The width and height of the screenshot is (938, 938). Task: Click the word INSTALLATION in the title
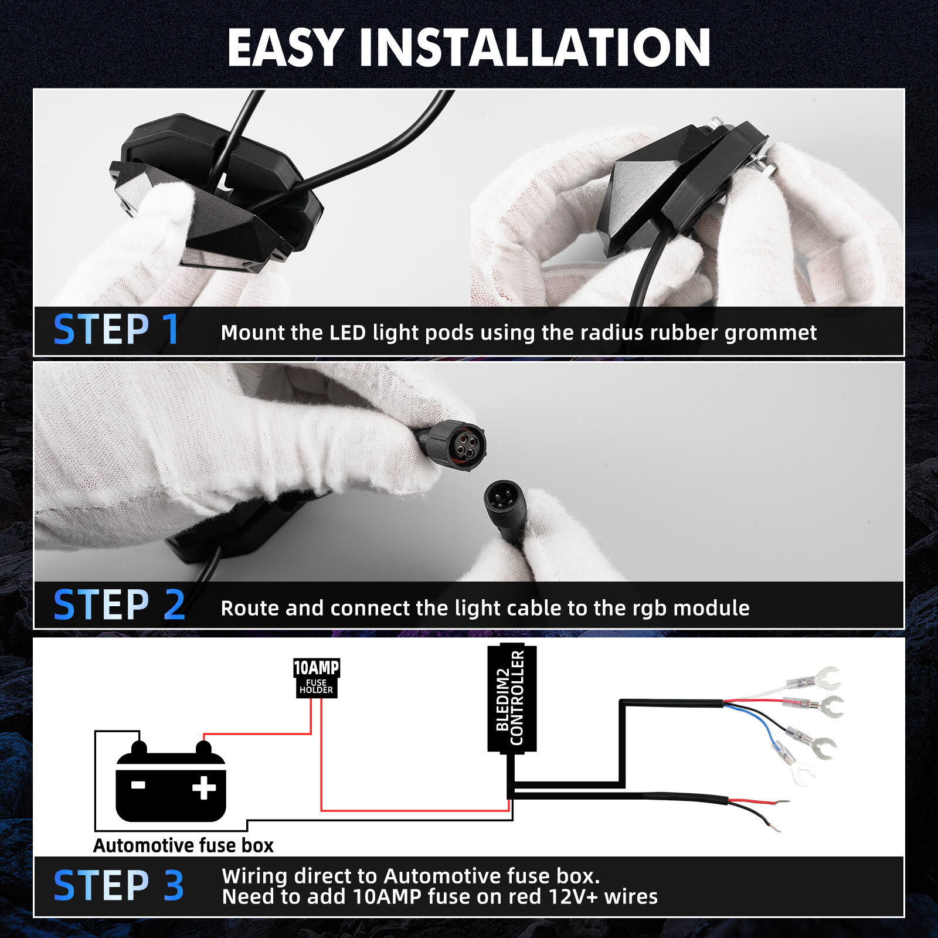(x=535, y=48)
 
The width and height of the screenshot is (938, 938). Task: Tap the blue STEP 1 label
(x=116, y=330)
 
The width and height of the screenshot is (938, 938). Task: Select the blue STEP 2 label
(x=119, y=605)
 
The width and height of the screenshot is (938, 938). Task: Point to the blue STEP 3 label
(x=119, y=885)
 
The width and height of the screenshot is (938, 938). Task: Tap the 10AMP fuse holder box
(x=317, y=678)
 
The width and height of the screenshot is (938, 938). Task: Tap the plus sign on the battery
(x=204, y=788)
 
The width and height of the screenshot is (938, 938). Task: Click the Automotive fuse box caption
(x=183, y=845)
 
